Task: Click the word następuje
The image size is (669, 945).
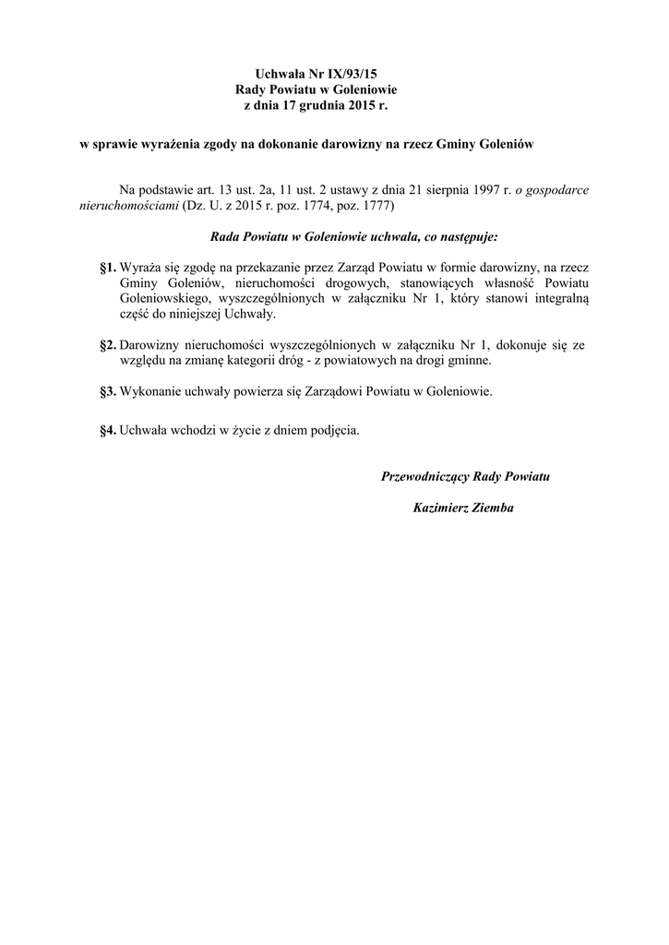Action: [467, 237]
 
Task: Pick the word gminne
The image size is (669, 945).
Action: [470, 361]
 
